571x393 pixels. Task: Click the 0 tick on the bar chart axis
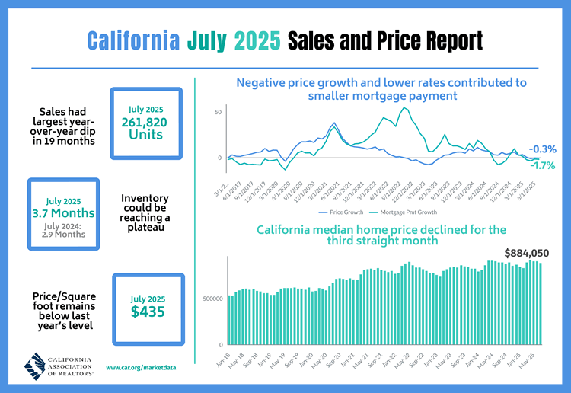[x=220, y=344]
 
